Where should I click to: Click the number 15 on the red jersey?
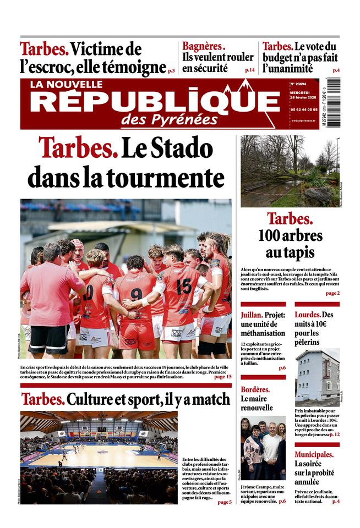coord(184,285)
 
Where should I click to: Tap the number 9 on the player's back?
coord(136,294)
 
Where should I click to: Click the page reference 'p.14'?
coord(249,70)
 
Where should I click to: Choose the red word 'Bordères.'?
coord(255,389)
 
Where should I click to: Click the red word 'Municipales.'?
coord(314,454)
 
